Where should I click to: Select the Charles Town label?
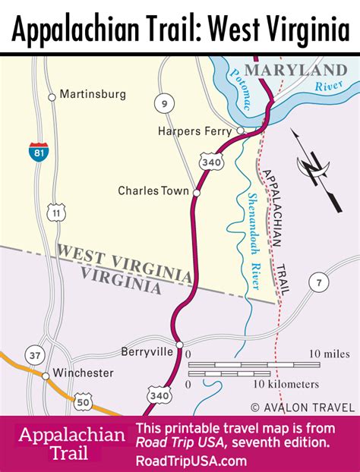(153, 191)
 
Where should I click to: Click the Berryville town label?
(147, 351)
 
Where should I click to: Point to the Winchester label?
(84, 373)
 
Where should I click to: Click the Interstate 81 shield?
(37, 151)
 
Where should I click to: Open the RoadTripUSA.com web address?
(191, 461)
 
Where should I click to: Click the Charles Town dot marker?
(196, 193)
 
